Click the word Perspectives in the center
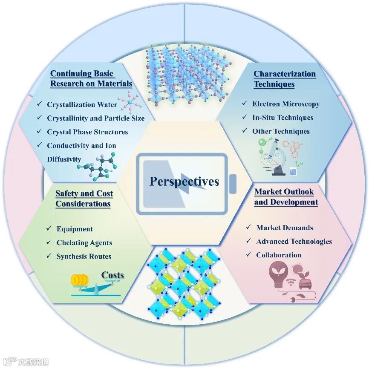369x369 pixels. [x=184, y=182]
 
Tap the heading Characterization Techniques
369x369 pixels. [x=285, y=79]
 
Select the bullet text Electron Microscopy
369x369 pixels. [x=286, y=104]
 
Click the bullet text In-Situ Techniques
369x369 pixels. [x=283, y=117]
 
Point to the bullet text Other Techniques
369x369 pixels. [x=281, y=131]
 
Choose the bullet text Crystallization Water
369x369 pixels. [x=82, y=104]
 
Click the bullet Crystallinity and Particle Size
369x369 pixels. [x=95, y=118]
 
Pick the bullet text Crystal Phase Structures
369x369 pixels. [x=87, y=132]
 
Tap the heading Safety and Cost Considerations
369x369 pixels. [x=84, y=199]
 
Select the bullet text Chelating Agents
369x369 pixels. [x=84, y=242]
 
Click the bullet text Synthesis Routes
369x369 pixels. [x=84, y=256]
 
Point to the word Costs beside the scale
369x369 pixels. [x=112, y=275]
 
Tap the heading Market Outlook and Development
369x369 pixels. [x=286, y=197]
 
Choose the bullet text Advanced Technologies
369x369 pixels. [x=294, y=241]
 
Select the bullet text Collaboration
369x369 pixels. [x=279, y=255]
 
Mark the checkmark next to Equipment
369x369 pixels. [x=49, y=229]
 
